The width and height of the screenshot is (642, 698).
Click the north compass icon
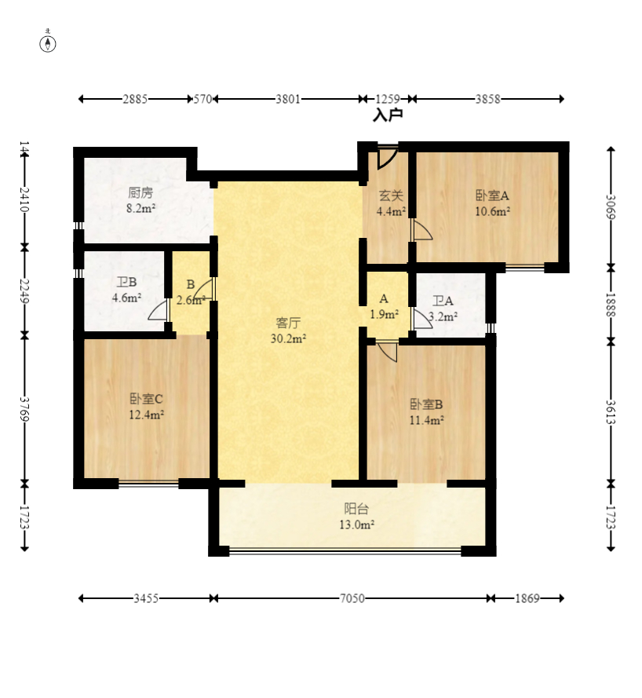pyautogui.click(x=48, y=43)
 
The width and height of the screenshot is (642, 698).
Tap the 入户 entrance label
pyautogui.click(x=388, y=115)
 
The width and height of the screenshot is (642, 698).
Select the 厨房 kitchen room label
pyautogui.click(x=140, y=192)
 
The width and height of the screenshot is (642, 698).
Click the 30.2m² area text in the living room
pyautogui.click(x=288, y=338)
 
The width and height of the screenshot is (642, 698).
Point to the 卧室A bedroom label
pyautogui.click(x=492, y=196)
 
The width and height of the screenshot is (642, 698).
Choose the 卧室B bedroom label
pyautogui.click(x=426, y=404)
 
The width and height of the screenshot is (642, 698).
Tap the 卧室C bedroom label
pyautogui.click(x=147, y=398)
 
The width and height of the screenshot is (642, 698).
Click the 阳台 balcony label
pyautogui.click(x=356, y=508)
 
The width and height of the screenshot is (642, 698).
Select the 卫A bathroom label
pyautogui.click(x=443, y=301)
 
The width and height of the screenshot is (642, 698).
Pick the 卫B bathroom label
pyautogui.click(x=127, y=282)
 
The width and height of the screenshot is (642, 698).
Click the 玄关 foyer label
pyautogui.click(x=391, y=195)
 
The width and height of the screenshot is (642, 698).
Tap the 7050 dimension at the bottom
pyautogui.click(x=352, y=598)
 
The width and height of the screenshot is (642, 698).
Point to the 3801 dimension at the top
pyautogui.click(x=288, y=99)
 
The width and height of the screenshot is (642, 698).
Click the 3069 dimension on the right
pyautogui.click(x=611, y=207)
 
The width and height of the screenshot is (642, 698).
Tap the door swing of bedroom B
pyautogui.click(x=388, y=352)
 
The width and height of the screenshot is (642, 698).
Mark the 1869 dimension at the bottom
pyautogui.click(x=527, y=598)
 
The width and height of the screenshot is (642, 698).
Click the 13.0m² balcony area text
pyautogui.click(x=356, y=524)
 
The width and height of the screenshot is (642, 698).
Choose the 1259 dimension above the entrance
pyautogui.click(x=388, y=99)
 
